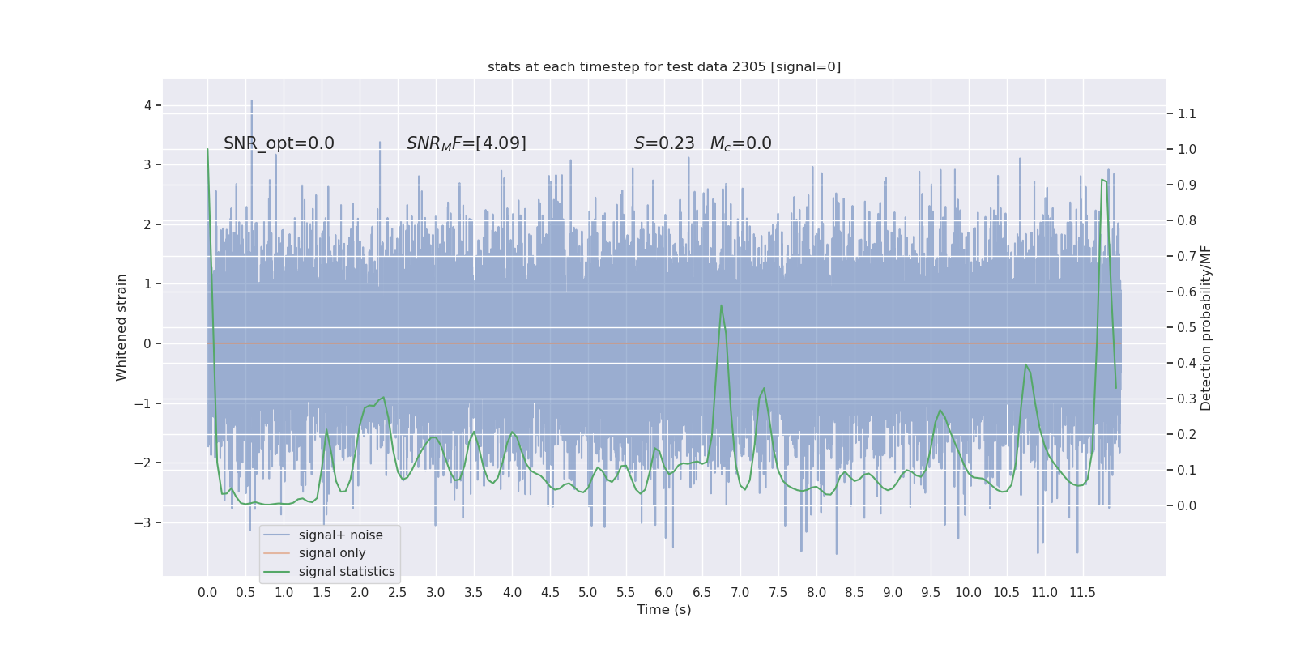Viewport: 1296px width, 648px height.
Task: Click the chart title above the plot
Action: click(x=664, y=67)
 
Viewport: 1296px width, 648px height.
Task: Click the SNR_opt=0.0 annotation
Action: click(x=279, y=143)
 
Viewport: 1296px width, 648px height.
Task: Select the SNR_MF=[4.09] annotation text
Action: click(x=466, y=143)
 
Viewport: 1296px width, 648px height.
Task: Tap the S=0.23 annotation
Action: click(x=664, y=143)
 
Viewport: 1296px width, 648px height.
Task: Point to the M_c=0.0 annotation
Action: click(x=740, y=143)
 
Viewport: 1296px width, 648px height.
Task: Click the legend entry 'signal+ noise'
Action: click(x=340, y=535)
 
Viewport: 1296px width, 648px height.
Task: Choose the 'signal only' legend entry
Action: click(x=332, y=553)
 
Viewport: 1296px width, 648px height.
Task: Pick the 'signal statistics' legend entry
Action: click(x=347, y=572)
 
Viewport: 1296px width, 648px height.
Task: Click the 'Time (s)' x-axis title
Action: click(x=664, y=610)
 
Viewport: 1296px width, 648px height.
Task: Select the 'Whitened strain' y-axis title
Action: click(x=122, y=327)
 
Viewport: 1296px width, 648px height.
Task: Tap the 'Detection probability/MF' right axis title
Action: click(x=1206, y=327)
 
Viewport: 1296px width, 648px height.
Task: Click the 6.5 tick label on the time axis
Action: click(x=702, y=593)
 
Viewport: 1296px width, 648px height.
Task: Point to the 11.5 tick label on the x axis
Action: click(x=1082, y=593)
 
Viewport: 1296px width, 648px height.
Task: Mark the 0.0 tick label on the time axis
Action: click(x=207, y=593)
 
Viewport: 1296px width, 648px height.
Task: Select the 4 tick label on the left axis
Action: click(x=147, y=105)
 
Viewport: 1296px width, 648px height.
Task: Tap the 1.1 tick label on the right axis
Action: click(x=1187, y=113)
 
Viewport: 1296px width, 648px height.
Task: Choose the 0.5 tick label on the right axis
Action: click(x=1187, y=327)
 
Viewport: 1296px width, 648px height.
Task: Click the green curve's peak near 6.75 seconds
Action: click(x=721, y=305)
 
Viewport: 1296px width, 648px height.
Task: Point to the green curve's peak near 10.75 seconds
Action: click(x=1025, y=365)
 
